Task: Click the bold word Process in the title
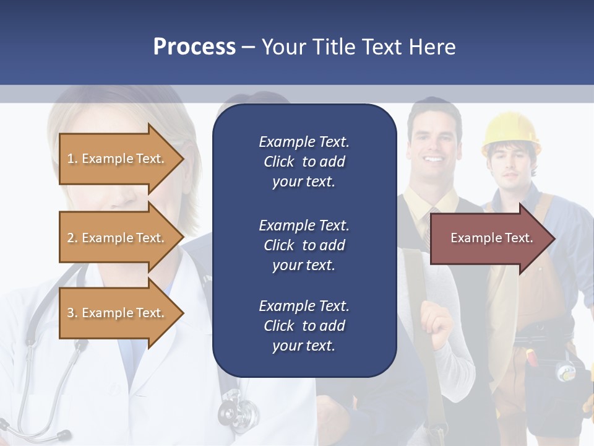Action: (194, 47)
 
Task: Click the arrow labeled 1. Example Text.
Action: (118, 159)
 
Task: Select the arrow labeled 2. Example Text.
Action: (118, 238)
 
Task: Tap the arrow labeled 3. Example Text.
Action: (118, 313)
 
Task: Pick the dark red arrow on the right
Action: (489, 238)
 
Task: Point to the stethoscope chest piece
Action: (238, 409)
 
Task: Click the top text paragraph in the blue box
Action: (304, 162)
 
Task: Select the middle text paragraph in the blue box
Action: (304, 245)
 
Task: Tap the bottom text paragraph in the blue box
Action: (304, 326)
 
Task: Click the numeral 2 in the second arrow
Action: (71, 238)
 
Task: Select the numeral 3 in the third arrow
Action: (71, 313)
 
